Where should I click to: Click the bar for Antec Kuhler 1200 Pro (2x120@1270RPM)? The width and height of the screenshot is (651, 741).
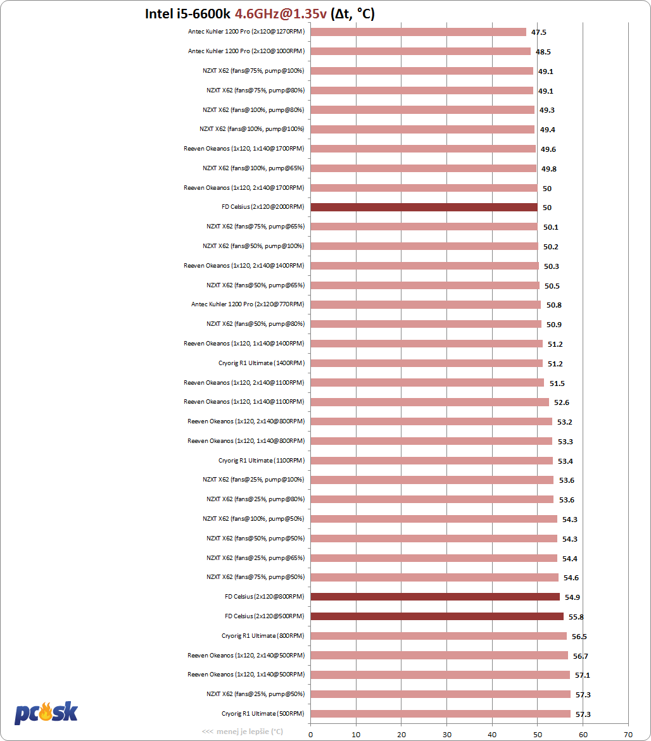tap(418, 32)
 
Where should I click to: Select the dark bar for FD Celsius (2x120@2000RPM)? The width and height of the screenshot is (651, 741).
tap(424, 207)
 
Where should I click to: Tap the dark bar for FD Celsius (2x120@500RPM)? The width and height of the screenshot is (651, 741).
tap(437, 616)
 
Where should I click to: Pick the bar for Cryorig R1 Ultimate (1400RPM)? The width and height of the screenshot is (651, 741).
tap(426, 363)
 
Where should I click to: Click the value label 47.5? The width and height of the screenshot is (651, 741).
tap(539, 32)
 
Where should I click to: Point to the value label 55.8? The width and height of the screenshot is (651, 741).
tap(576, 617)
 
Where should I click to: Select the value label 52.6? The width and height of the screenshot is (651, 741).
tap(561, 402)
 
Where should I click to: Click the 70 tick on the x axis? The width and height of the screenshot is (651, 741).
tap(628, 735)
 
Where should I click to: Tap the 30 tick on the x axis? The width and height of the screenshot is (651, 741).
tap(446, 735)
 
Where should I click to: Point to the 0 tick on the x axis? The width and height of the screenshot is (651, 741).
tap(310, 735)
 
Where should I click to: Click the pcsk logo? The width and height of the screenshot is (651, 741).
tap(46, 713)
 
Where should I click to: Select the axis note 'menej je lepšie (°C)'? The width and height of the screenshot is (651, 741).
tap(243, 732)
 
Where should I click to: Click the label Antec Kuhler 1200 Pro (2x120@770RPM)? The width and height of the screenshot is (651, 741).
tap(248, 304)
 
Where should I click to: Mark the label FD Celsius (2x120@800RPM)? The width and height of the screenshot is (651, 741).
tap(264, 597)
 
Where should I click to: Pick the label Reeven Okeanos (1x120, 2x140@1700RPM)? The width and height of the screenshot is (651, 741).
tap(244, 187)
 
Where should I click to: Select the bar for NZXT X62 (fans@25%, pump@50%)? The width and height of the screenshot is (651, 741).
tap(440, 694)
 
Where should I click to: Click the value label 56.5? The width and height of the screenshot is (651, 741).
tap(579, 637)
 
